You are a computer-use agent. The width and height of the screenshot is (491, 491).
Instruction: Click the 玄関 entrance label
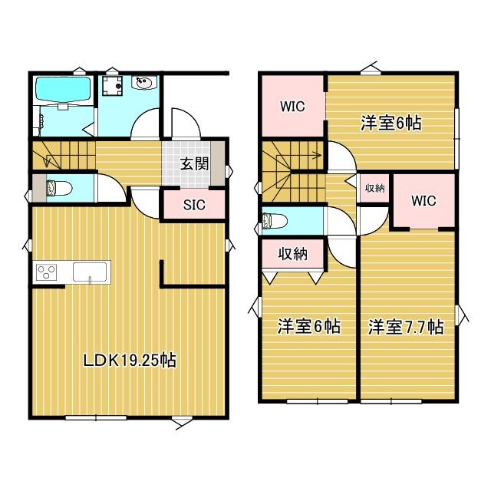coord(194,163)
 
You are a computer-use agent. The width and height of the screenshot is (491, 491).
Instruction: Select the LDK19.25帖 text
coord(130,360)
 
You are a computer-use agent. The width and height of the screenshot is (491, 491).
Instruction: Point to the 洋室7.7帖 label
coord(405,327)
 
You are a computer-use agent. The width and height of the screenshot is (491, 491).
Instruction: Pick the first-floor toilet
coord(58,187)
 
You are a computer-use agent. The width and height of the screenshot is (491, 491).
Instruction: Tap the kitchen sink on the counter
coord(91,271)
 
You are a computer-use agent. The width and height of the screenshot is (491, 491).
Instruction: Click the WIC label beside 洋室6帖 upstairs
coord(292,107)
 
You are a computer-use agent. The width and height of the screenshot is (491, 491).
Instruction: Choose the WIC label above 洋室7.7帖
coord(423,201)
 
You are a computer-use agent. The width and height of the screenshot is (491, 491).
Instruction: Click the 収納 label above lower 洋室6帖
coord(292,254)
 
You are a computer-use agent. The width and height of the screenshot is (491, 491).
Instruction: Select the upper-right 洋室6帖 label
coord(391,122)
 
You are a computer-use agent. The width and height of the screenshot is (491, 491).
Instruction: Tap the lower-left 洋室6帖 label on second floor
coord(309,327)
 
